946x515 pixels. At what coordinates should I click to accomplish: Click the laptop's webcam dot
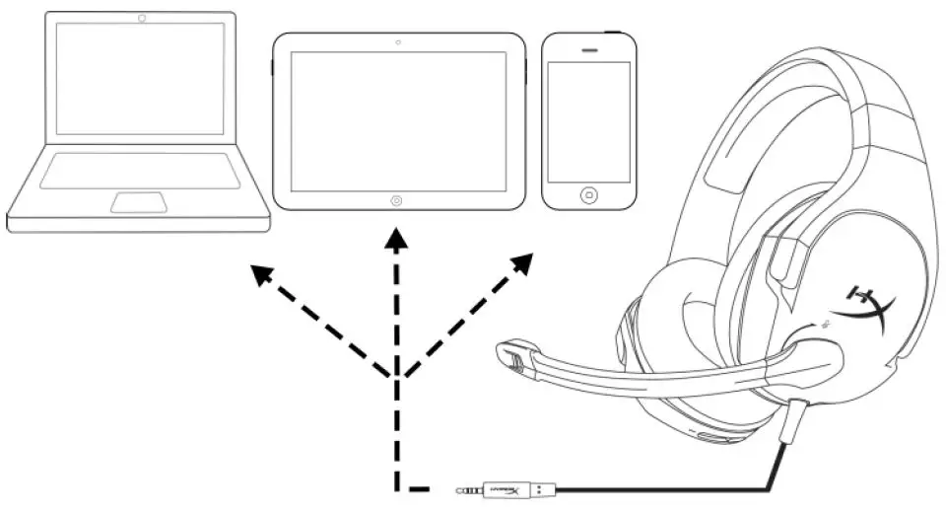(x=143, y=18)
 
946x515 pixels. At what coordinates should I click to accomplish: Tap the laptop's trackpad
(x=138, y=202)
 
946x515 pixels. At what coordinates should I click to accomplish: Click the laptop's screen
(x=140, y=79)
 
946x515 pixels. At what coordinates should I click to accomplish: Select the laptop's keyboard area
(x=139, y=170)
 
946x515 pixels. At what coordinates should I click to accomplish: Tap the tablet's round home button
(x=396, y=199)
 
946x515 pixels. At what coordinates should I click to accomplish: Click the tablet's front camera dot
(x=397, y=42)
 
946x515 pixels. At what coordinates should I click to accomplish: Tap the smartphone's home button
(x=588, y=194)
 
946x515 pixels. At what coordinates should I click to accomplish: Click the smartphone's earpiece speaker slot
(x=589, y=49)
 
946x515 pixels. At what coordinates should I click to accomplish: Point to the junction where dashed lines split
(x=396, y=377)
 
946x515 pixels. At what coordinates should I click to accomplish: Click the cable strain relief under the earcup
(x=795, y=418)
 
